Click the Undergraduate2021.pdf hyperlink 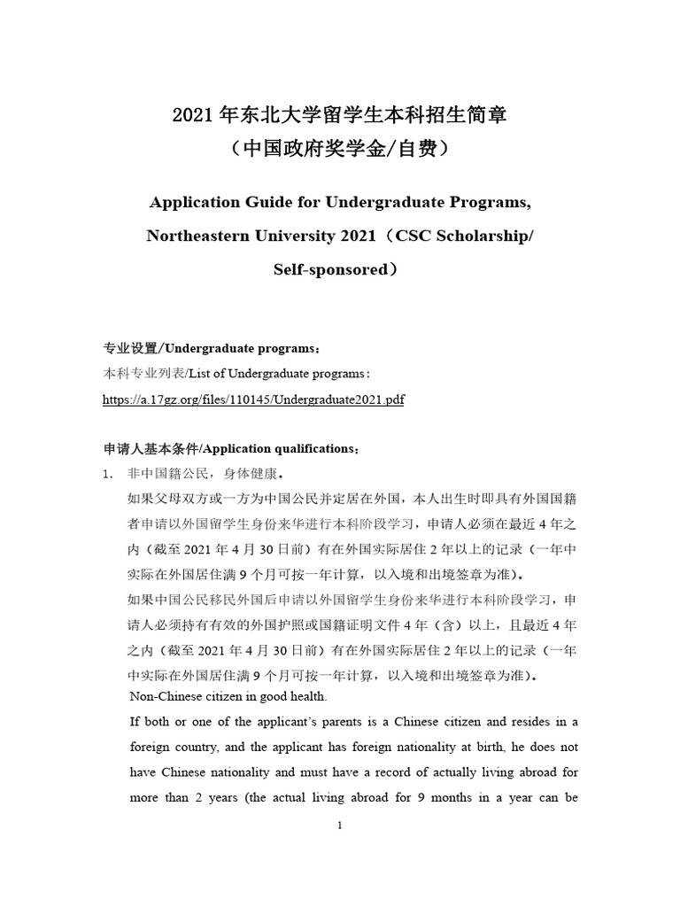[x=253, y=399]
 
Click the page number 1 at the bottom [x=339, y=826]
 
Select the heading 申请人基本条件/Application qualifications [x=232, y=447]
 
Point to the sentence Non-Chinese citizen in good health [x=228, y=695]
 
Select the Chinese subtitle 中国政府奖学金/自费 [x=339, y=149]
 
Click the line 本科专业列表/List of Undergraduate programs [x=236, y=374]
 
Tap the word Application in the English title [x=193, y=202]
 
